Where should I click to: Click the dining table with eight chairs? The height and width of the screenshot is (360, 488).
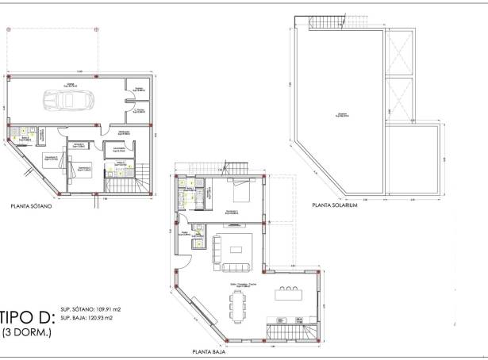236,303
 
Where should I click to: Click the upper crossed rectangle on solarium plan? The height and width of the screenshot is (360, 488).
400,54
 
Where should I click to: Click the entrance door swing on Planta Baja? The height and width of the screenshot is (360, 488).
193,246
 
